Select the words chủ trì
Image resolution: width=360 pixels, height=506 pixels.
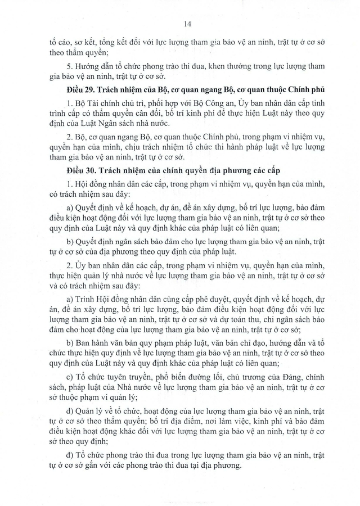pyautogui.click(x=136, y=105)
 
